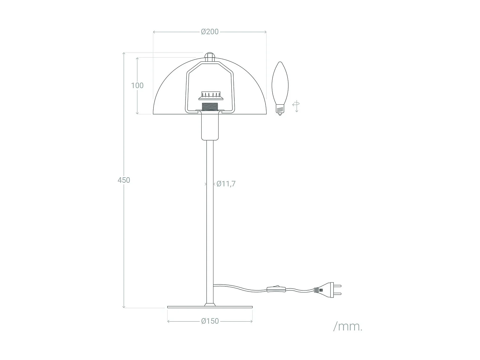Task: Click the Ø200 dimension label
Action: (210, 32)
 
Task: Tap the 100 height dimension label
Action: (137, 85)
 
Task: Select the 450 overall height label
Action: (124, 180)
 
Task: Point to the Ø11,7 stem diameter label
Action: (226, 184)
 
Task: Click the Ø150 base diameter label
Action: (210, 321)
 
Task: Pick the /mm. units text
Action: (348, 327)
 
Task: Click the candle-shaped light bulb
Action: (280, 83)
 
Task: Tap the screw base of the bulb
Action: (280, 110)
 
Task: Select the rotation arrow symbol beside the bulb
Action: (296, 106)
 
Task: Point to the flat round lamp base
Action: (210, 307)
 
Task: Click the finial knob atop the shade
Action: (210, 57)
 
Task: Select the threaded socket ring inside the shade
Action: (210, 106)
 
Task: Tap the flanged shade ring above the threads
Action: (210, 96)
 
